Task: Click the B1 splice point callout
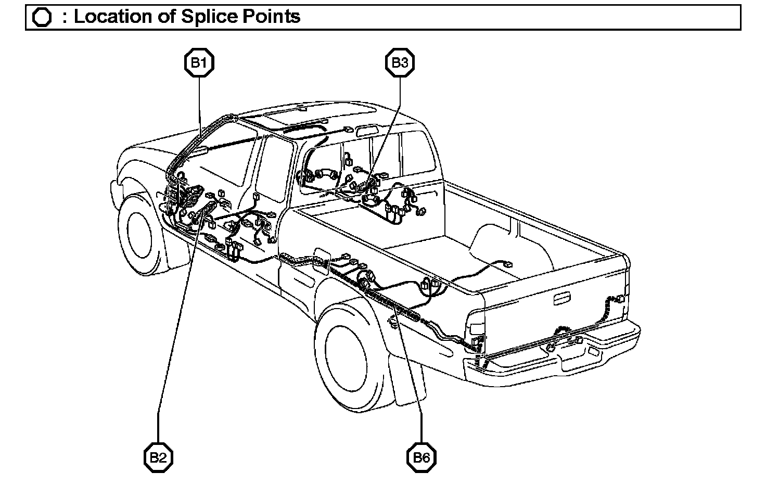click(x=199, y=63)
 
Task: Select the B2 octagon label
click(x=158, y=458)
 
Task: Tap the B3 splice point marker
click(x=400, y=63)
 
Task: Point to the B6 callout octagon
click(x=422, y=458)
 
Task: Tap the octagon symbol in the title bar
click(x=42, y=18)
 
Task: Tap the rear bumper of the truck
click(x=552, y=359)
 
